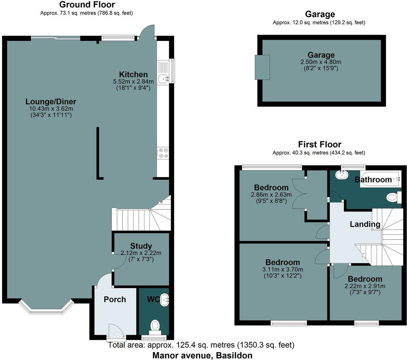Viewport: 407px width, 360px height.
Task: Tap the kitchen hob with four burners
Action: (x=163, y=153)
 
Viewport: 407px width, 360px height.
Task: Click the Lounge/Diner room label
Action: (x=51, y=102)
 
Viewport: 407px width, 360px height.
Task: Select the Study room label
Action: (x=141, y=246)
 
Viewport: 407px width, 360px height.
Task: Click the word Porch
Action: (x=115, y=299)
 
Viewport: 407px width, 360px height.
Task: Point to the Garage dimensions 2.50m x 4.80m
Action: (x=321, y=62)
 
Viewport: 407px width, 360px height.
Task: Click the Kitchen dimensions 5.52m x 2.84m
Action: (x=133, y=82)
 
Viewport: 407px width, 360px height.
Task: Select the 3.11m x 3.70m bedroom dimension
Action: (x=283, y=270)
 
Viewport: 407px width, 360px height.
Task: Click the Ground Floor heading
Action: (x=87, y=4)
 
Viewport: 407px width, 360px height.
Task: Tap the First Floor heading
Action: (x=319, y=144)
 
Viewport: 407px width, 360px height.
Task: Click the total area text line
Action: (x=201, y=345)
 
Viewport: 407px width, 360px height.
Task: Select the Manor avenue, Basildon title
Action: (x=202, y=355)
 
